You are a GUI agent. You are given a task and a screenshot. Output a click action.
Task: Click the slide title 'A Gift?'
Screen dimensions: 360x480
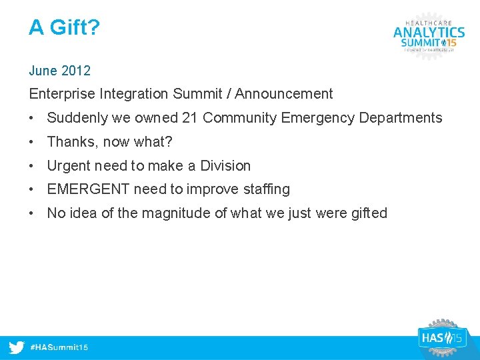[63, 28]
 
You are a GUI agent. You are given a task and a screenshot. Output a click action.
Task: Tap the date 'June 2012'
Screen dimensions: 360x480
[60, 71]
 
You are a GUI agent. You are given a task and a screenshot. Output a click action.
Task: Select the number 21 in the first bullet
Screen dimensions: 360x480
[190, 118]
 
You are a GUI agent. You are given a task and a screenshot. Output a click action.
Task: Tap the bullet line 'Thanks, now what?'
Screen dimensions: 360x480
[110, 142]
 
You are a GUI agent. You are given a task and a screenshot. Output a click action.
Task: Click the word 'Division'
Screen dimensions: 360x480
[225, 165]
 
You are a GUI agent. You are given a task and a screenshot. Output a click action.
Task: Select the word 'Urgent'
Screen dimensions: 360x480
[69, 165]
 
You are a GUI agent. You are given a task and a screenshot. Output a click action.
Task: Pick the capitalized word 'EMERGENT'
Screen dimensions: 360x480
[88, 189]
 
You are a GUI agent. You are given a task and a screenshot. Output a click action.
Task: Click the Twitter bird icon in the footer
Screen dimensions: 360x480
[17, 347]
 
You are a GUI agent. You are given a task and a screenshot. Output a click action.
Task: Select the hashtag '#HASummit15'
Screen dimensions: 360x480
[59, 347]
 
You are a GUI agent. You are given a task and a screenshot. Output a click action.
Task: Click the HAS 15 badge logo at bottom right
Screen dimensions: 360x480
[441, 337]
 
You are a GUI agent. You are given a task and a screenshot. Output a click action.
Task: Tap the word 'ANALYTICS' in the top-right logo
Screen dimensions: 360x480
[429, 32]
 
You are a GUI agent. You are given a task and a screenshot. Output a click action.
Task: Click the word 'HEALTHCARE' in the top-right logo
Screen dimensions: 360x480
[429, 21]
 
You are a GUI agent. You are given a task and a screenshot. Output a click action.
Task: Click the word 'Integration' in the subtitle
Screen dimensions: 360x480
[131, 95]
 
